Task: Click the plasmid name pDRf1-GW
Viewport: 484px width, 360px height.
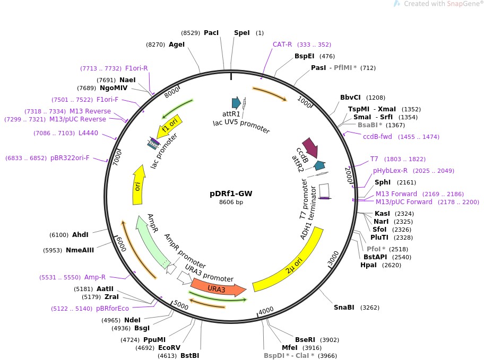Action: (x=231, y=194)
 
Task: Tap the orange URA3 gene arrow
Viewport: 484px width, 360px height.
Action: (x=218, y=289)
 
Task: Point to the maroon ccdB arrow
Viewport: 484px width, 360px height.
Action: (x=310, y=148)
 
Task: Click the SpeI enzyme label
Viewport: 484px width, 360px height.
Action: (x=241, y=33)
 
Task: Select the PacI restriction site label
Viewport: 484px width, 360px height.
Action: (x=211, y=33)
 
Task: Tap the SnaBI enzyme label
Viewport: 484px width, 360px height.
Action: (x=344, y=308)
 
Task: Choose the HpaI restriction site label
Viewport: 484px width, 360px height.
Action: (x=368, y=265)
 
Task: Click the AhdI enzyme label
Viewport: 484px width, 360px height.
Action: (x=80, y=235)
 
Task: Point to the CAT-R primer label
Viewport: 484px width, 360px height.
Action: (x=282, y=45)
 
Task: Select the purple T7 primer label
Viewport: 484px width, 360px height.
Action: (x=374, y=159)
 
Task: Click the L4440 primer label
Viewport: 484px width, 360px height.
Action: (x=88, y=133)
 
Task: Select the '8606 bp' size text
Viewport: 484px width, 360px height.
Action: (x=231, y=202)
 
